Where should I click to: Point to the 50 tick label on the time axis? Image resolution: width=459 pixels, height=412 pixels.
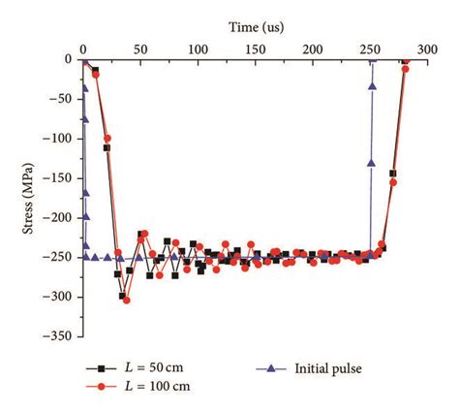(140, 49)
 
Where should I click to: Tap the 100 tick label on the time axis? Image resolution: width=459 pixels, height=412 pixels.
(198, 49)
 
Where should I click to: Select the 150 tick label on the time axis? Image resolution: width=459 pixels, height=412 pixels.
(256, 49)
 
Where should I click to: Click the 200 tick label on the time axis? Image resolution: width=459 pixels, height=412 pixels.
(313, 49)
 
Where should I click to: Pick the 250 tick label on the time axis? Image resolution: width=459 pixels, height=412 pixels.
(371, 49)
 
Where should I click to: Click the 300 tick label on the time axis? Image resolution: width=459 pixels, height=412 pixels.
(428, 49)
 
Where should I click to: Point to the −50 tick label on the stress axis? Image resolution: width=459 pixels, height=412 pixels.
(57, 99)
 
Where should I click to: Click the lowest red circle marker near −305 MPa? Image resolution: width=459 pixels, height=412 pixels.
(127, 301)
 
